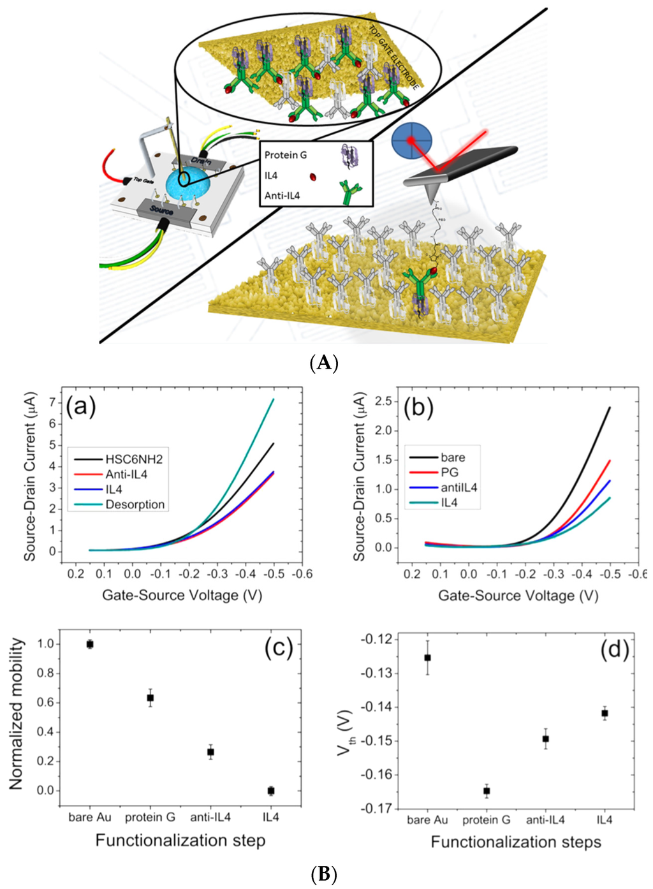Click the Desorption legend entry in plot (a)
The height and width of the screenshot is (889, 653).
click(x=135, y=504)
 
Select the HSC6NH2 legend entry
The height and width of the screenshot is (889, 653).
click(x=134, y=459)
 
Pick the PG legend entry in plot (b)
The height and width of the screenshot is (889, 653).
click(x=450, y=473)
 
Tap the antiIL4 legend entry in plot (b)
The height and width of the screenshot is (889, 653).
click(x=459, y=488)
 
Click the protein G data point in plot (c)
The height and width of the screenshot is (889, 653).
click(x=150, y=698)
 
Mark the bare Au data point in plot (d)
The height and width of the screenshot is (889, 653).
click(x=427, y=658)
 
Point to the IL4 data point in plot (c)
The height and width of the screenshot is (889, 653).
click(x=271, y=791)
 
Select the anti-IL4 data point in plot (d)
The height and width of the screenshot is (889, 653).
click(x=545, y=738)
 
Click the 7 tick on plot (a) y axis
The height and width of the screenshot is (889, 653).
click(x=52, y=403)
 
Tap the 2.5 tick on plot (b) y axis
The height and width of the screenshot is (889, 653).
click(x=383, y=400)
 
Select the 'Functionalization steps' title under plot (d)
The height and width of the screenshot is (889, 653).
click(x=516, y=842)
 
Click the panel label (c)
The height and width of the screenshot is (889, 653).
click(x=279, y=648)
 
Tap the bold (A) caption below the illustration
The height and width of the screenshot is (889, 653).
click(x=324, y=363)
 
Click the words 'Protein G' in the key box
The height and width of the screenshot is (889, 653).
click(x=285, y=155)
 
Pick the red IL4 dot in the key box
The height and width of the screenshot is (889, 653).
click(x=313, y=177)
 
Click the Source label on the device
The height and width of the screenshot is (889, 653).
click(x=161, y=209)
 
